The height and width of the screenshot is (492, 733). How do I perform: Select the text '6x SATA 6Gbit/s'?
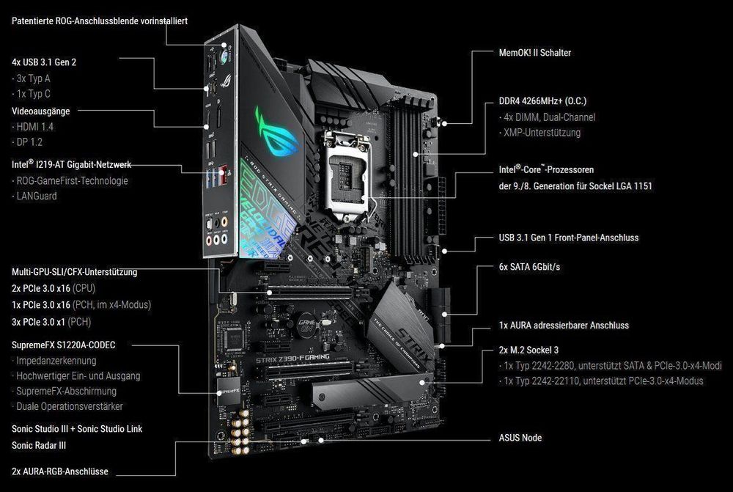(529, 267)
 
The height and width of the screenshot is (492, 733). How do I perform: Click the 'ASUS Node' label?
(520, 438)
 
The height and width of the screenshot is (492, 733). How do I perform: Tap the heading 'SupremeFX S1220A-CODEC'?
(64, 345)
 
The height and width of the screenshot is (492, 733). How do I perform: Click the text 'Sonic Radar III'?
(44, 445)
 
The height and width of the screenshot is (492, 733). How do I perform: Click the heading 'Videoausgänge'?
(41, 111)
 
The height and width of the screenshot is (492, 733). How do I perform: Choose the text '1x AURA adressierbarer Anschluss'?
(564, 325)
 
